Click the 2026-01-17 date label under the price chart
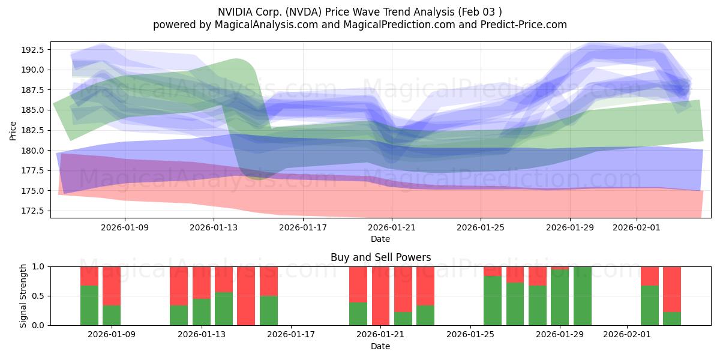tap(302, 228)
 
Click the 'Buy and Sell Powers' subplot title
tap(380, 257)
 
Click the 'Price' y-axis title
tap(13, 130)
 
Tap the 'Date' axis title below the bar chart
tap(380, 346)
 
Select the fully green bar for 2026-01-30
tap(582, 296)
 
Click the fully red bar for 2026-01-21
tap(380, 296)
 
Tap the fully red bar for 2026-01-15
tap(246, 296)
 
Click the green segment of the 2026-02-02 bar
tap(650, 305)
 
